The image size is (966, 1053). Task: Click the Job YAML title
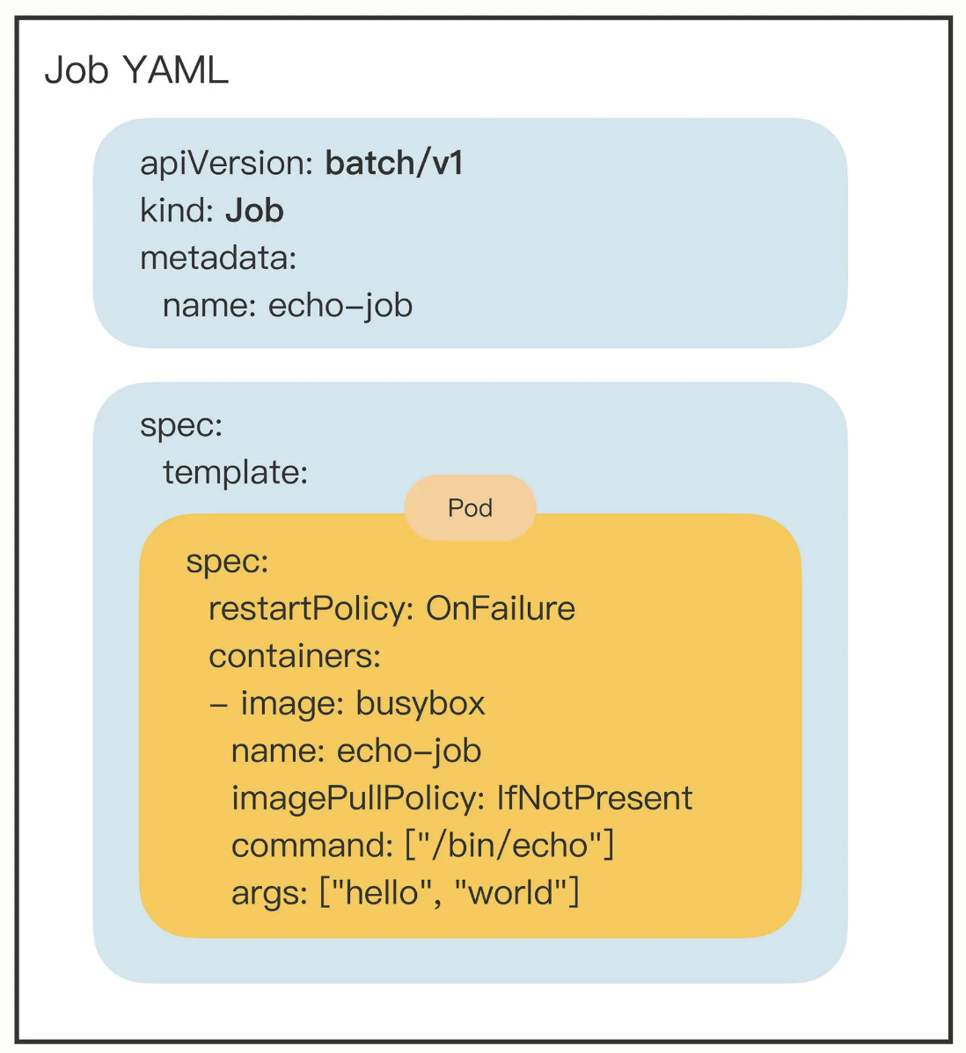[x=136, y=70]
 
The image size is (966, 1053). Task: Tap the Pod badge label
[x=470, y=508]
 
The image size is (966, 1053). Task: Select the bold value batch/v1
[x=394, y=163]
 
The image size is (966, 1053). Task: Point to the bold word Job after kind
[x=254, y=211]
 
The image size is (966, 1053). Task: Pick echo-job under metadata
[x=340, y=306]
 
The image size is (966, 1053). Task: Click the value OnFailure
[x=500, y=608]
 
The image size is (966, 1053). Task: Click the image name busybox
[x=421, y=703]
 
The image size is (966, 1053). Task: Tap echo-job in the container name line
[x=409, y=751]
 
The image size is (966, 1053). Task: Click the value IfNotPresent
[x=595, y=798]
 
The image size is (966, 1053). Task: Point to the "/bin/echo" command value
[x=509, y=846]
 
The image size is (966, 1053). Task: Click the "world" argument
[x=511, y=893]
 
